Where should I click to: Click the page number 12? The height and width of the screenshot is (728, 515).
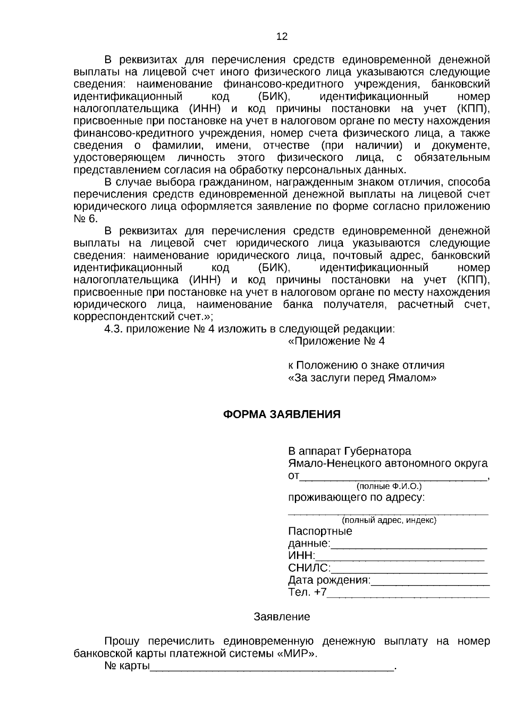click(x=282, y=36)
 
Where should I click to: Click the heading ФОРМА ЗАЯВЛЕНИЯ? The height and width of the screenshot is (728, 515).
click(x=282, y=414)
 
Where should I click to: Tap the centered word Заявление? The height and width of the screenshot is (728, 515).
click(x=282, y=617)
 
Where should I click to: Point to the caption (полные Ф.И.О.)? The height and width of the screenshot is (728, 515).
click(x=389, y=486)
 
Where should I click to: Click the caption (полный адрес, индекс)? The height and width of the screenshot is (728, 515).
click(x=389, y=520)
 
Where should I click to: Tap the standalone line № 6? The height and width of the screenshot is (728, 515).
click(x=86, y=219)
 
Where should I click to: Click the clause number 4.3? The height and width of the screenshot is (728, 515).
click(x=114, y=329)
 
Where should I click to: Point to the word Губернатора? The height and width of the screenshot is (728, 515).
click(x=378, y=451)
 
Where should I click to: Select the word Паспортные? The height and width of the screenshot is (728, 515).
click(x=320, y=532)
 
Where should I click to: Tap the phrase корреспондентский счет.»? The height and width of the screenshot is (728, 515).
click(x=143, y=317)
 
